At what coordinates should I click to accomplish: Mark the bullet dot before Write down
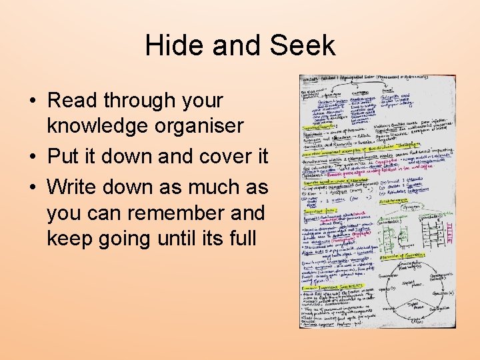click(x=32, y=187)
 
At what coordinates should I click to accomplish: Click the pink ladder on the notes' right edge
click(x=451, y=230)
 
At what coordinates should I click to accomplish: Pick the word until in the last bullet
click(x=185, y=238)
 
